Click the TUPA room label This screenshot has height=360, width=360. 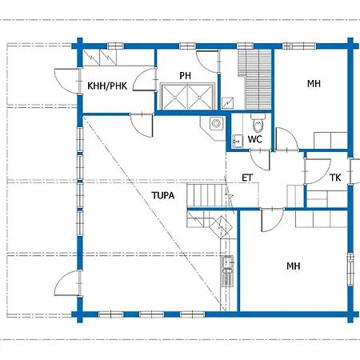pyautogui.click(x=163, y=195)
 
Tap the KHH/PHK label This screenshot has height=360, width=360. pyautogui.click(x=107, y=86)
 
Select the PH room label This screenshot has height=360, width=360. pyautogui.click(x=185, y=76)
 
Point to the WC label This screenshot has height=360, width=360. pyautogui.click(x=255, y=139)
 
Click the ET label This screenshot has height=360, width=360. pyautogui.click(x=247, y=178)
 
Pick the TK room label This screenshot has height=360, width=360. pyautogui.click(x=335, y=178)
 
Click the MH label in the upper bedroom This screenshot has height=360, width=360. pyautogui.click(x=314, y=84)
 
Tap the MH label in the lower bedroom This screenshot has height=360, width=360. pyautogui.click(x=294, y=266)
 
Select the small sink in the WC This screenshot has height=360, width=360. pyautogui.click(x=238, y=141)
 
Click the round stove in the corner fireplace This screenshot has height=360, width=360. pyautogui.click(x=216, y=123)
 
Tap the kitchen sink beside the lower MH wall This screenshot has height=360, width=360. pyautogui.click(x=227, y=271)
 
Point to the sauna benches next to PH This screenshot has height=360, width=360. pyautogui.click(x=254, y=79)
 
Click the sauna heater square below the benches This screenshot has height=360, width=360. pyautogui.click(x=228, y=103)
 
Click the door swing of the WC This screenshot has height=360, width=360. pyautogui.click(x=260, y=160)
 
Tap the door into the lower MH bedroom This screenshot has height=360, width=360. pyautogui.click(x=272, y=220)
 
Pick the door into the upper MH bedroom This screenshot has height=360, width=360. pyautogui.click(x=287, y=139)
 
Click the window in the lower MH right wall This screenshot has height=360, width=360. pyautogui.click(x=350, y=269)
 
